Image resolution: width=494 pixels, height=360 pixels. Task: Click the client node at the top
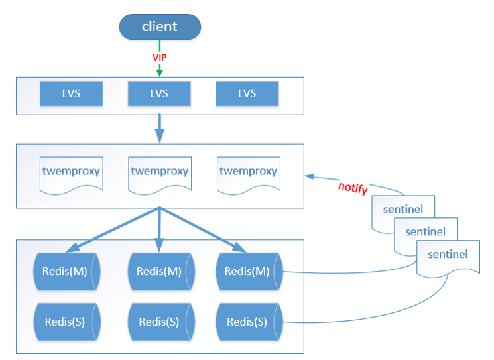159,27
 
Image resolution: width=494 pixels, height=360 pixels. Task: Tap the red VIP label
159,58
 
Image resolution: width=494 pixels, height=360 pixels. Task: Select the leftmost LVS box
71,93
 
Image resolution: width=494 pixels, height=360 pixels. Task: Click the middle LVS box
159,93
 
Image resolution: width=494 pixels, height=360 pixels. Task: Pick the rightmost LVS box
247,93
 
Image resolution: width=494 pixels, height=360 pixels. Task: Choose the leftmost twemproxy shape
71,172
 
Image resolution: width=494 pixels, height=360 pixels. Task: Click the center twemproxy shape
159,172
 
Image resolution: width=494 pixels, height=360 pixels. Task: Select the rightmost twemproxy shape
247,172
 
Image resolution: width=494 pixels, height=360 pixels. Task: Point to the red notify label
353,187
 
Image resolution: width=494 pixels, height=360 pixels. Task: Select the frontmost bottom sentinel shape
448,255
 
